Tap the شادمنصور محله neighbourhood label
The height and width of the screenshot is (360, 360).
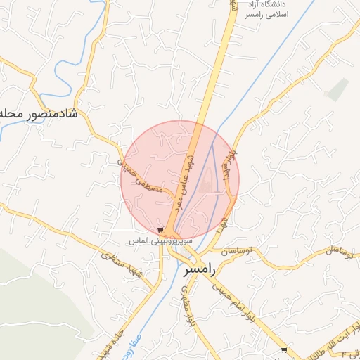pyautogui.click(x=39, y=113)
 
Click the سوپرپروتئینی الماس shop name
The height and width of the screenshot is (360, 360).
pyautogui.click(x=150, y=240)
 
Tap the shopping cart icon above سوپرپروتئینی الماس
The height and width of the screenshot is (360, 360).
pyautogui.click(x=161, y=230)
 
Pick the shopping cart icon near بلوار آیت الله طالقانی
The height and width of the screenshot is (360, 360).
pyautogui.click(x=283, y=349)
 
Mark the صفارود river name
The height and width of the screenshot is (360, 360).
pyautogui.click(x=125, y=345)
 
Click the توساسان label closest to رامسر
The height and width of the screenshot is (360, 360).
pyautogui.click(x=238, y=250)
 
